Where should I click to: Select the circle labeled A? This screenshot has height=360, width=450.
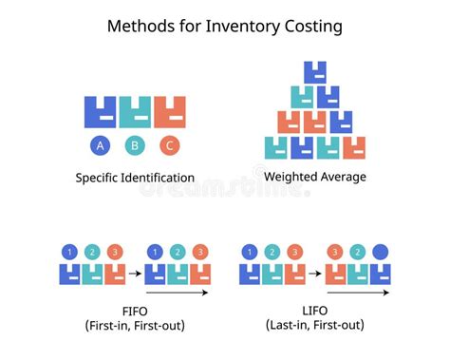(100, 145)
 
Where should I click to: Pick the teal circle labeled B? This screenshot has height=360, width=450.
(135, 145)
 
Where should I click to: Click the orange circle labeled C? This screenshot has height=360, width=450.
(170, 145)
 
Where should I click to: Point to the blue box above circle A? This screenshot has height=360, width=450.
(100, 112)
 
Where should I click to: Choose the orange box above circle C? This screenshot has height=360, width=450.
(170, 112)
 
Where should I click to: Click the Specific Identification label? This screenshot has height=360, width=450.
(135, 178)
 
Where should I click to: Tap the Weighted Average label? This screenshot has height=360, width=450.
(315, 177)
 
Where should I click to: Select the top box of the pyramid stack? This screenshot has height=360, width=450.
(315, 71)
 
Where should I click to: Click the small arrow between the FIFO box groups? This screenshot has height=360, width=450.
(135, 273)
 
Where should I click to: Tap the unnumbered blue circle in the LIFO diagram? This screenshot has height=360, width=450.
(382, 253)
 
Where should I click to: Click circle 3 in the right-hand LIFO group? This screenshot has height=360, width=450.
(334, 253)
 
